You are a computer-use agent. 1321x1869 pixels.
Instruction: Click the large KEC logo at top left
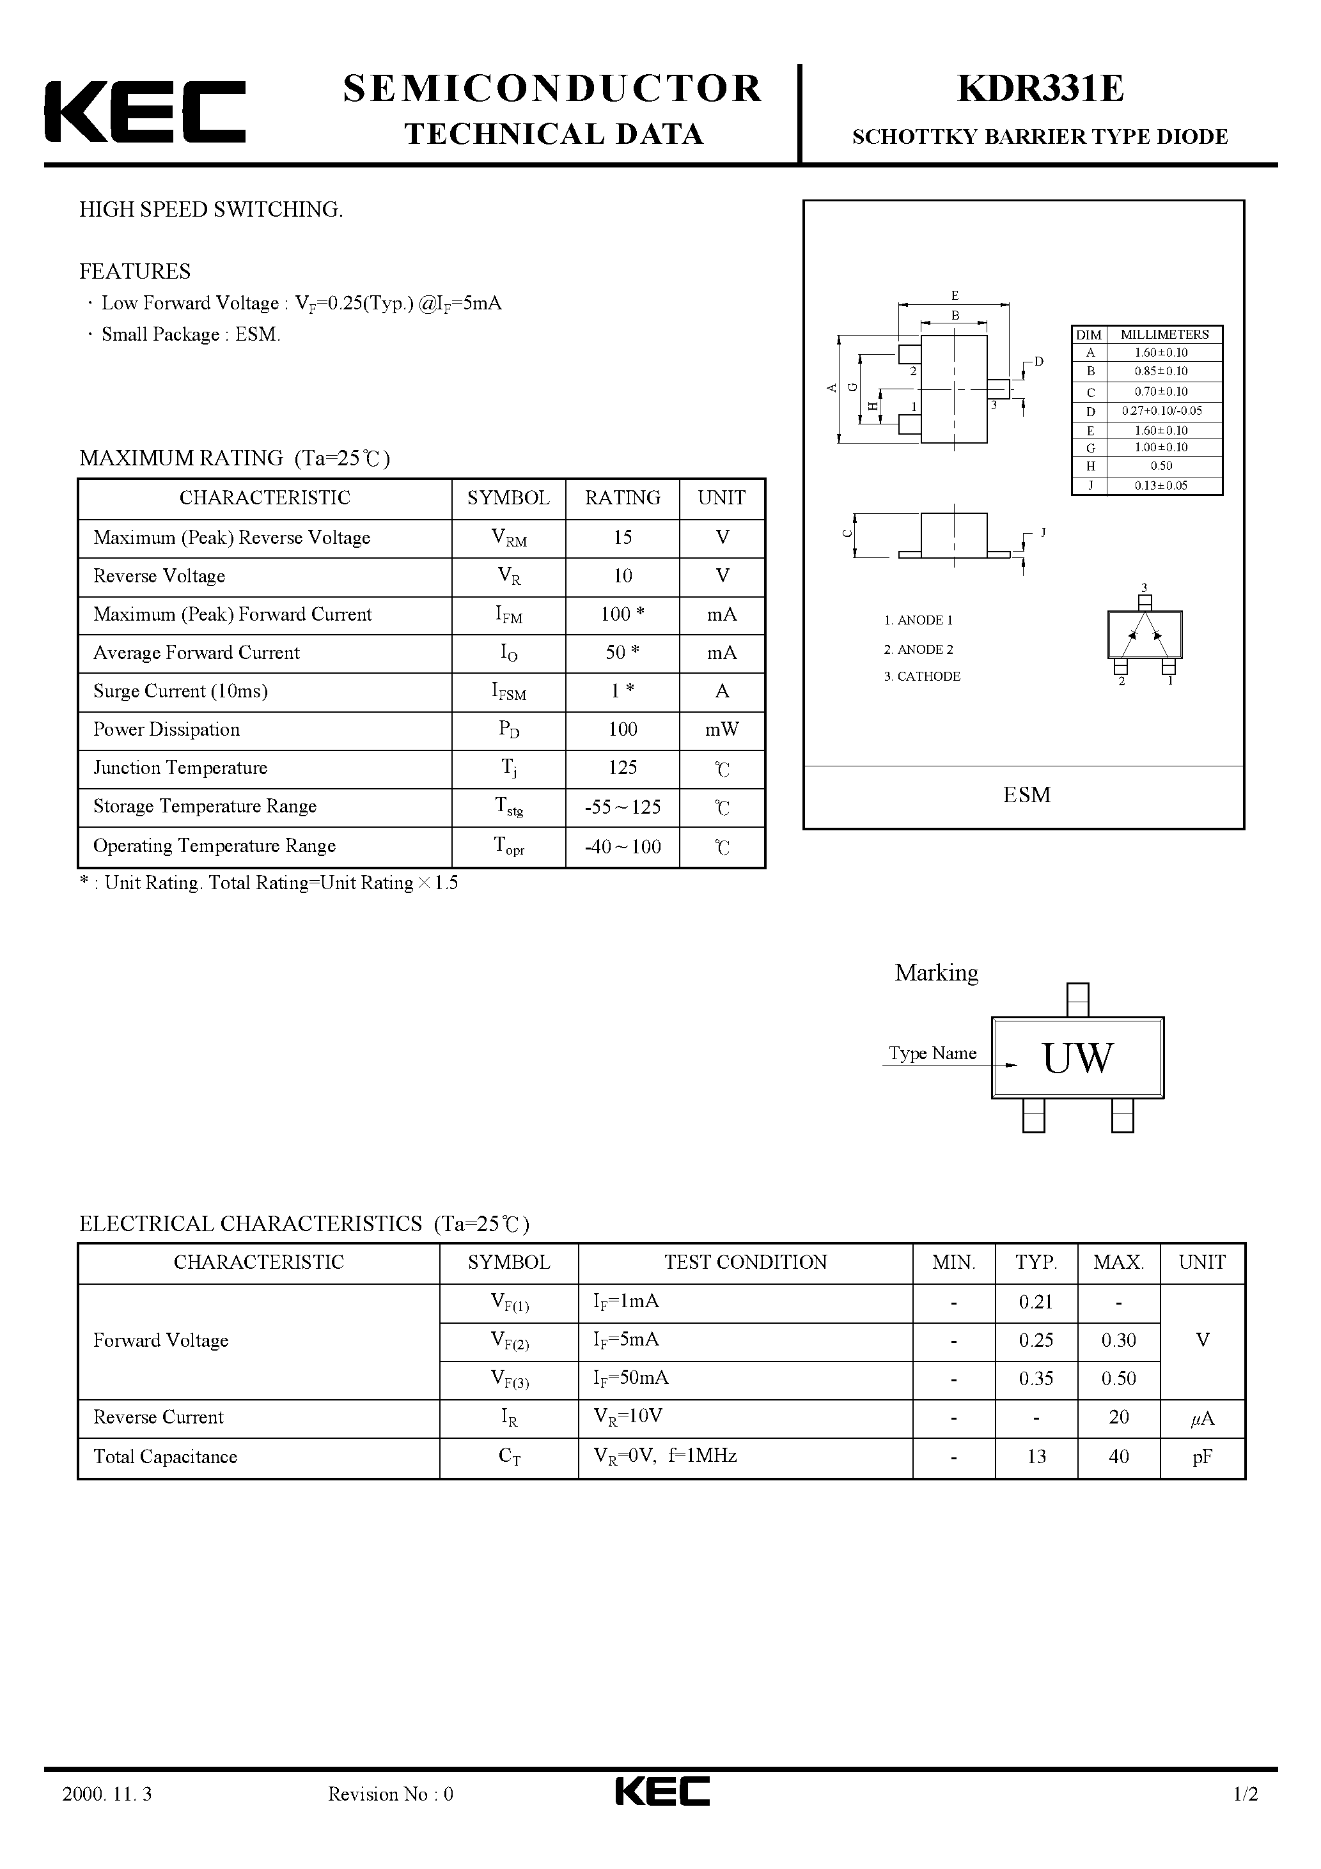tap(145, 111)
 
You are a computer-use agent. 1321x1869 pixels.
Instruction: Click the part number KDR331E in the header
tap(1040, 89)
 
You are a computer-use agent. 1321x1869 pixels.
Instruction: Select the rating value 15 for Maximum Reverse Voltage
tap(622, 538)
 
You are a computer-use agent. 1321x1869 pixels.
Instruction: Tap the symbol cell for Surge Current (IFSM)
tap(508, 691)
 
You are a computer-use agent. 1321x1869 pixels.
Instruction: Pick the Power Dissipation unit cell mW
tap(722, 729)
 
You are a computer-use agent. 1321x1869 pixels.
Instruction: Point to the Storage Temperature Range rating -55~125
tap(622, 807)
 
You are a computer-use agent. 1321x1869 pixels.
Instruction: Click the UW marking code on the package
tap(1077, 1059)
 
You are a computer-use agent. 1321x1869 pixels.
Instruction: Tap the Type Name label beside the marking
tap(932, 1053)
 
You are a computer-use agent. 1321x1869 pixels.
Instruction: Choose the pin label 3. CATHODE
tap(922, 676)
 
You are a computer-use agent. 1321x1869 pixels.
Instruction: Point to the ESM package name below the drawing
tap(1026, 795)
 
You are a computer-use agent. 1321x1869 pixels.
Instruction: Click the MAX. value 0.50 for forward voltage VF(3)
tap(1118, 1378)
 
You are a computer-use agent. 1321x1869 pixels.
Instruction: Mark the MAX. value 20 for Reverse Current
tap(1118, 1416)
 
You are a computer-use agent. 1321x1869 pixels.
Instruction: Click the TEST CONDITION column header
tap(745, 1262)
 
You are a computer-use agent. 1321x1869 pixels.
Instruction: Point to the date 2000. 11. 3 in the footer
tap(107, 1817)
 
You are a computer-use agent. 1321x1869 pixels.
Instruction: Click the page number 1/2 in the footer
tap(1246, 1817)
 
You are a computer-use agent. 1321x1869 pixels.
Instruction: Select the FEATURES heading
tap(135, 271)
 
